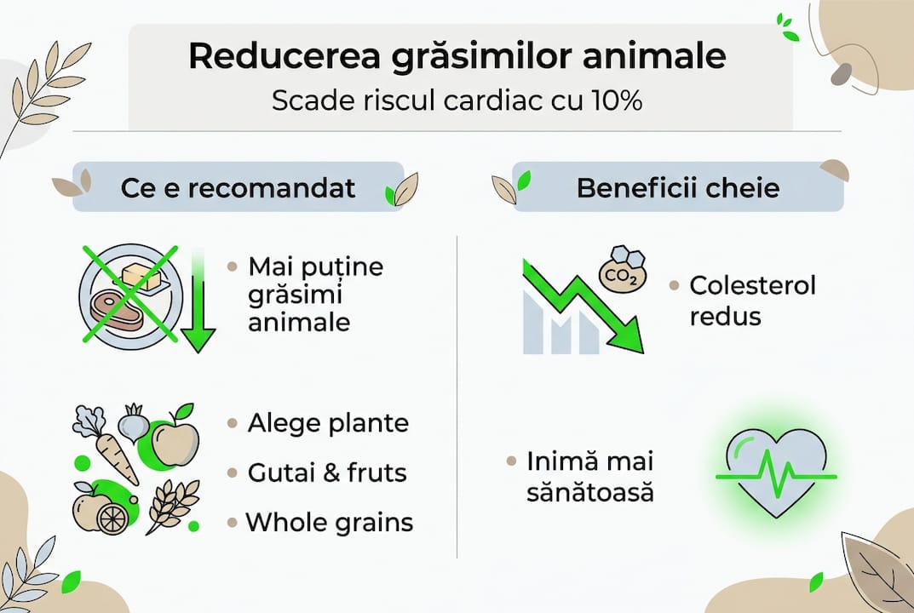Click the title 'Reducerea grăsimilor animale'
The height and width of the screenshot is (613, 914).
(457, 57)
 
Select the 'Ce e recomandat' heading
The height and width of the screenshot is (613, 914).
(238, 187)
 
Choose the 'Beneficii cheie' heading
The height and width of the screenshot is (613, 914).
(678, 187)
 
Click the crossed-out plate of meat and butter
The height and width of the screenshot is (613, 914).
(129, 295)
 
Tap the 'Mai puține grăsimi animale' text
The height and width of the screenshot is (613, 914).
(315, 295)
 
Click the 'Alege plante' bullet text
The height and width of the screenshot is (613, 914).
(328, 423)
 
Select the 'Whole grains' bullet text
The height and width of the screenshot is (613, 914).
(330, 521)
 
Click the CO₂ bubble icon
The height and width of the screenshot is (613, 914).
(623, 272)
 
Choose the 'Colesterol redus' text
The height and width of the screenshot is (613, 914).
(752, 300)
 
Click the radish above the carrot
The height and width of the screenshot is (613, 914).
(133, 422)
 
